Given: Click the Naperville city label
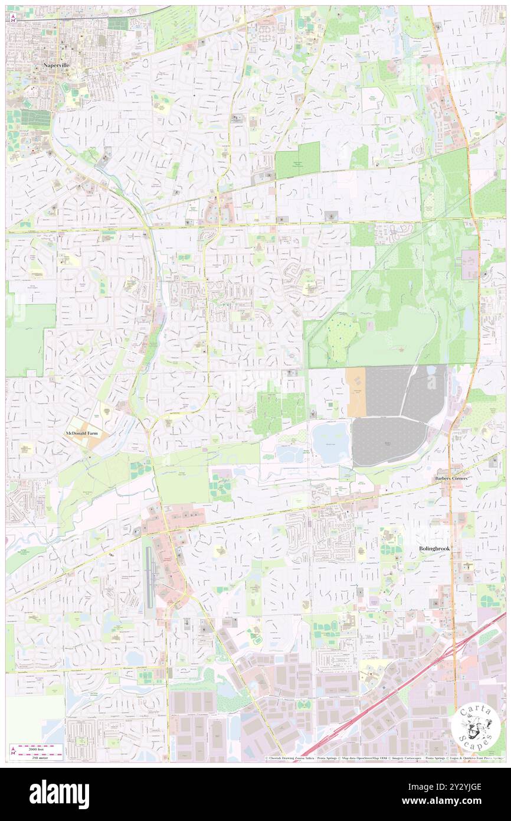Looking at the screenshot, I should pyautogui.click(x=56, y=66).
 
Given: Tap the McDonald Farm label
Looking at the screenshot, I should pyautogui.click(x=83, y=434).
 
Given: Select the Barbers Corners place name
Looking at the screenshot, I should pyautogui.click(x=451, y=478).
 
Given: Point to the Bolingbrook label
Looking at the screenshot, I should pyautogui.click(x=434, y=549).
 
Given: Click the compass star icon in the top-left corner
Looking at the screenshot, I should pyautogui.click(x=13, y=18).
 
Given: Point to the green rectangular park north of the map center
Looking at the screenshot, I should pyautogui.click(x=297, y=160).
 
